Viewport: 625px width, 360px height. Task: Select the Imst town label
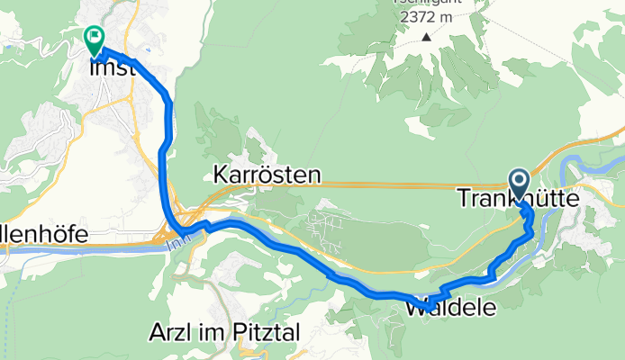[112, 67]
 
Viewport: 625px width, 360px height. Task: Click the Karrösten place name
[267, 175]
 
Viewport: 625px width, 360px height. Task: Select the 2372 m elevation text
[426, 18]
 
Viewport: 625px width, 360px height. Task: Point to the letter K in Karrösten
[221, 175]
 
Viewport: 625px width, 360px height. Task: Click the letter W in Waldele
[416, 307]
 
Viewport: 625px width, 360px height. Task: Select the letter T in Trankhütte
[466, 197]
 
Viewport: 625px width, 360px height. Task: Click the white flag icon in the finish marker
[94, 37]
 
